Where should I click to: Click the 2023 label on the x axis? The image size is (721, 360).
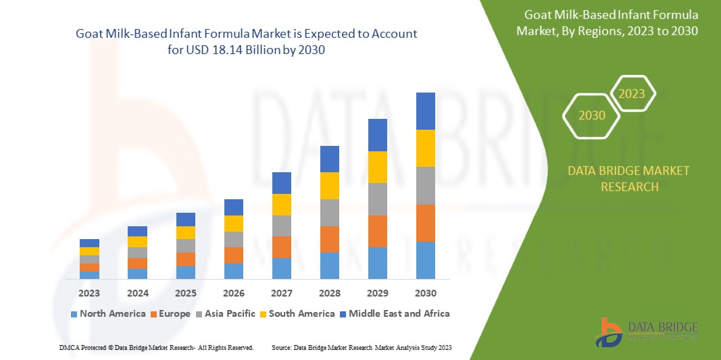tap(89, 293)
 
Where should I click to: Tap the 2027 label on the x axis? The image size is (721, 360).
tap(281, 293)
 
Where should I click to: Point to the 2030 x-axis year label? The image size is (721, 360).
tap(425, 293)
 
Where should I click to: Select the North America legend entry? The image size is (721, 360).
tap(107, 313)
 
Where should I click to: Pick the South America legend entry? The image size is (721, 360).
tap(301, 313)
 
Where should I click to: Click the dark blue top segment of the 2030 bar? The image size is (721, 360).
tap(425, 111)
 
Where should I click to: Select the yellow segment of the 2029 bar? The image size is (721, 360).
tap(377, 167)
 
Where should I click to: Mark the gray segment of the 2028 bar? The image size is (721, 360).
tap(329, 212)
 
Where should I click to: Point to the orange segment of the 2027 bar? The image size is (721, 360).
tap(281, 247)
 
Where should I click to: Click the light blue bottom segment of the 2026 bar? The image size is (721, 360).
tap(233, 271)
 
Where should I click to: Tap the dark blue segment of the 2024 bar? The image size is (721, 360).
tap(137, 231)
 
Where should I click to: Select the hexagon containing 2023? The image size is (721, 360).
tap(632, 94)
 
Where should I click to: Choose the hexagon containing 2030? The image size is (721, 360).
tap(592, 115)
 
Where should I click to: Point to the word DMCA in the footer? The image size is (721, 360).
tap(69, 347)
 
